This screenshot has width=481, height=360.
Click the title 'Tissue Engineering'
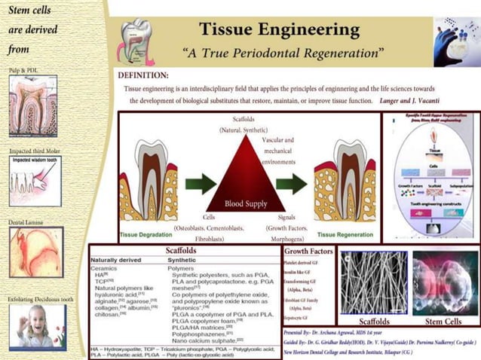[x=279, y=29]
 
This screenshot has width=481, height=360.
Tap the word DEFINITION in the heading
[x=143, y=75]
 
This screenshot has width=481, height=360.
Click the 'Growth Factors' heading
[x=308, y=252]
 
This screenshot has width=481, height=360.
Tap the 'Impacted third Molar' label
[x=35, y=151]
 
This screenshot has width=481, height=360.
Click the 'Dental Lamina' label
[x=26, y=223]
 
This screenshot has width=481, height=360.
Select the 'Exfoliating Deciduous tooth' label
[x=41, y=299]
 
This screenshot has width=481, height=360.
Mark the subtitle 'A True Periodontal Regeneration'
[x=283, y=53]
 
